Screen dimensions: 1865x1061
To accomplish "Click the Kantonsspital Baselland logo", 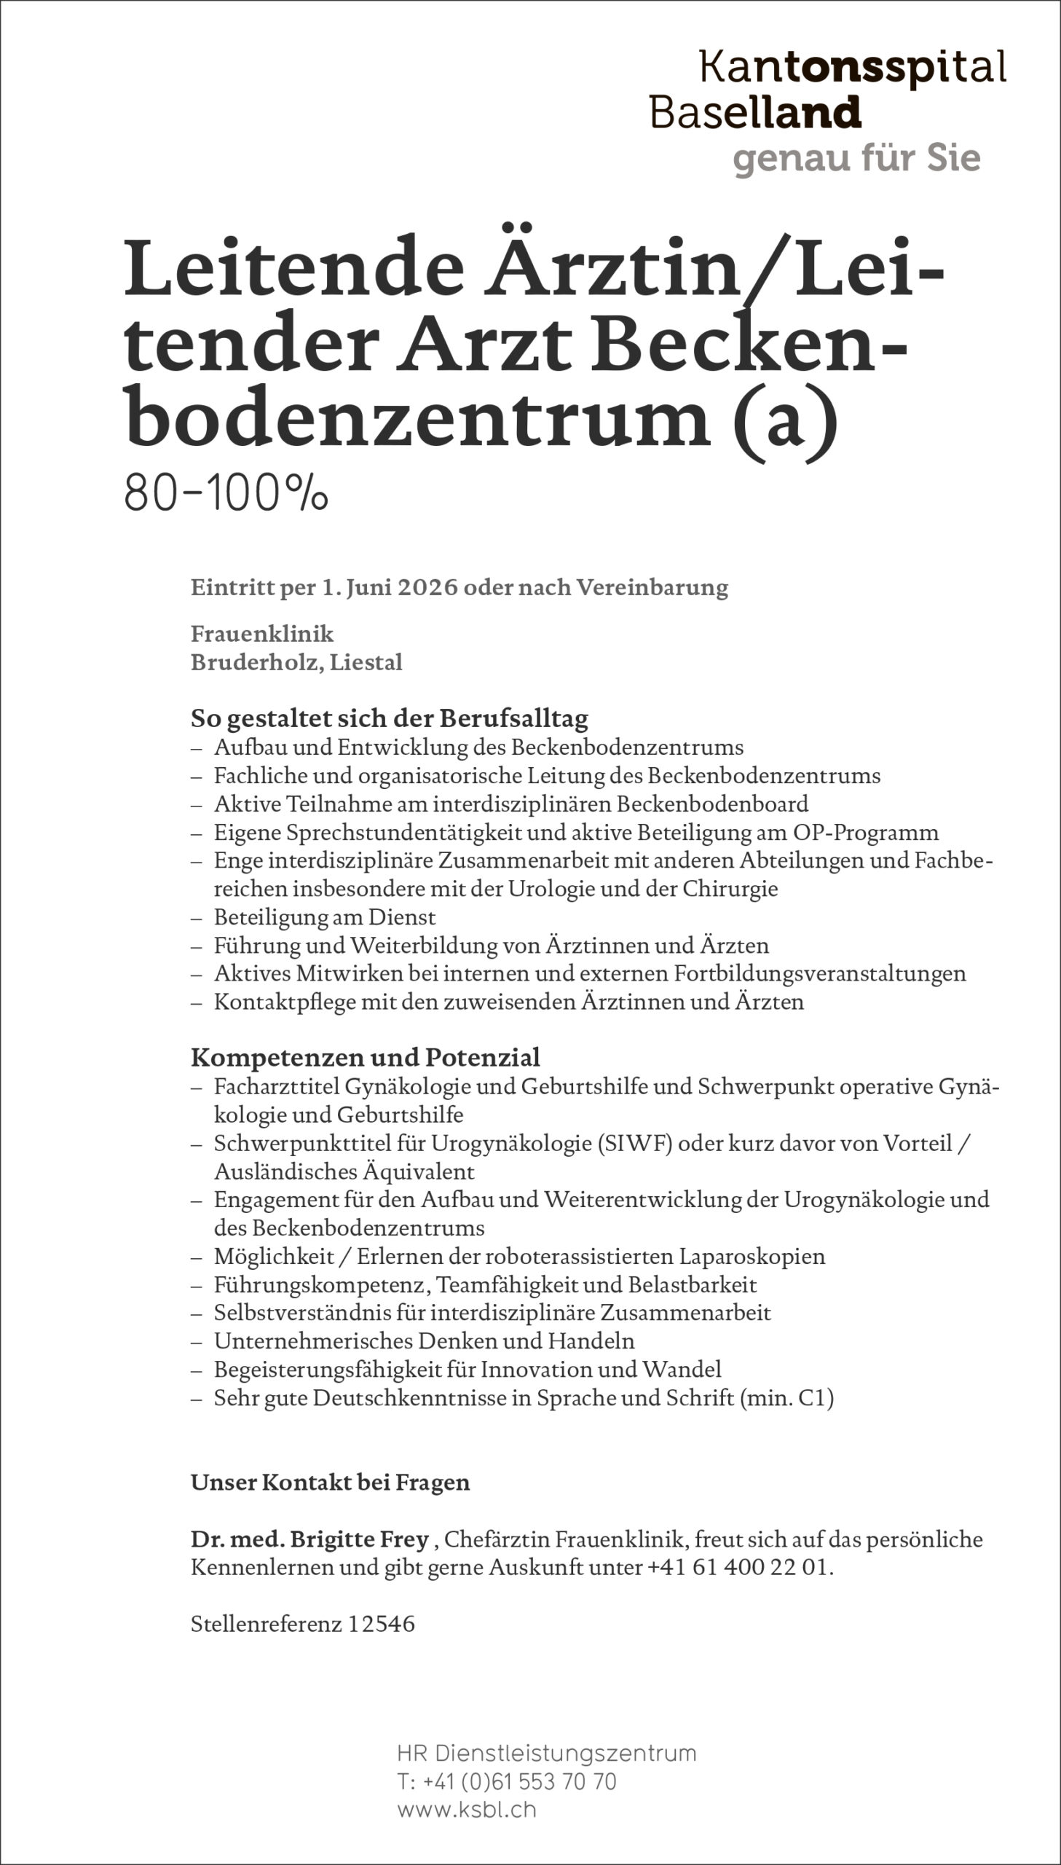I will pyautogui.click(x=827, y=90).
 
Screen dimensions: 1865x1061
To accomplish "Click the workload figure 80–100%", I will pyautogui.click(x=226, y=494).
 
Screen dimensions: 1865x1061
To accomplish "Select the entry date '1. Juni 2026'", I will pyautogui.click(x=390, y=587).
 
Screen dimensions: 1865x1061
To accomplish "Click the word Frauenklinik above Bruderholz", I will pyautogui.click(x=262, y=634).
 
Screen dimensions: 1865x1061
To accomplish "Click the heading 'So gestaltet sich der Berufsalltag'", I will pyautogui.click(x=389, y=718).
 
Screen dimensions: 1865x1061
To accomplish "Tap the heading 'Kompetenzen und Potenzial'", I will pyautogui.click(x=365, y=1057).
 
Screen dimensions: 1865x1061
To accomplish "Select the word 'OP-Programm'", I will pyautogui.click(x=877, y=832).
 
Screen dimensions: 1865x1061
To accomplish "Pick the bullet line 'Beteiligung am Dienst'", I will pyautogui.click(x=324, y=916).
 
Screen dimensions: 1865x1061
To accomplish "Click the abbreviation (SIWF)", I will pyautogui.click(x=634, y=1144).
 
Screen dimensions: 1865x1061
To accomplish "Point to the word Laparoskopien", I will pyautogui.click(x=752, y=1257).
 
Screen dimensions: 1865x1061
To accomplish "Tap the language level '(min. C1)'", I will pyautogui.click(x=786, y=1398).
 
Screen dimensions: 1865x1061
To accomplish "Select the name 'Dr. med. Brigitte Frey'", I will pyautogui.click(x=309, y=1539).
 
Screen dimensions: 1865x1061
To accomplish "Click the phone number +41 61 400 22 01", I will pyautogui.click(x=738, y=1567).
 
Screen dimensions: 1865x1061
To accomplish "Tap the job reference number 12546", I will pyautogui.click(x=381, y=1624).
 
